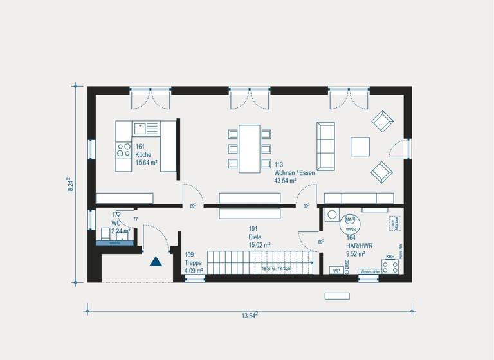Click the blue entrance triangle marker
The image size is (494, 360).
155,261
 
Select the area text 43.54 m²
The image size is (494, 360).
285,181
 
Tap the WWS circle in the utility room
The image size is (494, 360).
351,228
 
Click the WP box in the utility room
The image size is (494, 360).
336,271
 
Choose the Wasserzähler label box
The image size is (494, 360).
369,271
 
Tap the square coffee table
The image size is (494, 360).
360,146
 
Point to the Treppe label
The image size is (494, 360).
194,263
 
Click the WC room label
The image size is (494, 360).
116,222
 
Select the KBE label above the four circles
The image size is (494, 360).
389,257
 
